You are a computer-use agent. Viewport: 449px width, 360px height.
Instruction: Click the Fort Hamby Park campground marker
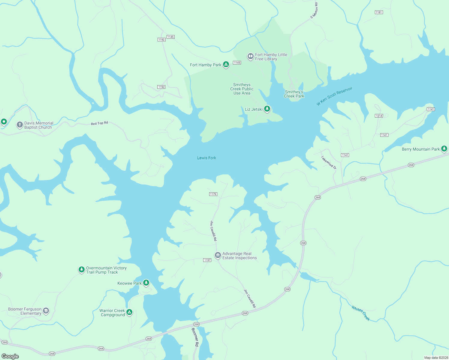[x=226, y=64]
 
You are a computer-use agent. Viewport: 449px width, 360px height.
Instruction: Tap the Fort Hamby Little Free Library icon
[x=250, y=56]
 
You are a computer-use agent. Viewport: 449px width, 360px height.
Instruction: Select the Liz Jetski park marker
[x=267, y=109]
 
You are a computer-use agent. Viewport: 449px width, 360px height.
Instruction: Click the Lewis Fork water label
[x=206, y=158]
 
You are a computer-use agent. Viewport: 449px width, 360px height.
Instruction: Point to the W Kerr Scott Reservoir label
[x=334, y=96]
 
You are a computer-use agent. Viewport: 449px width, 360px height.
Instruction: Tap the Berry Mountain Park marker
[x=444, y=148]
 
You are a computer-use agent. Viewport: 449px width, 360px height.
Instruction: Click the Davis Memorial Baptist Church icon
[x=20, y=125]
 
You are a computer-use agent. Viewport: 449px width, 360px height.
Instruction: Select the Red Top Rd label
[x=99, y=123]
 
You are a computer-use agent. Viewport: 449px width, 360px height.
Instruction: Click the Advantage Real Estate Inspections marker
[x=218, y=255]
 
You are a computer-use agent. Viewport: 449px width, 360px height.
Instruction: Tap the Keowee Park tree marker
[x=146, y=283]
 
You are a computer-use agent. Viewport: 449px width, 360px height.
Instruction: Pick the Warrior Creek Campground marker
[x=129, y=312]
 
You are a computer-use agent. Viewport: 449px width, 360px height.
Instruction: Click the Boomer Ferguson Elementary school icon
[x=46, y=310]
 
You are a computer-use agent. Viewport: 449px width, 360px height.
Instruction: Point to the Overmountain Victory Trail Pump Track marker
[x=81, y=269]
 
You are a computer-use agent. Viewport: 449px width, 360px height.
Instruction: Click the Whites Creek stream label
[x=360, y=313]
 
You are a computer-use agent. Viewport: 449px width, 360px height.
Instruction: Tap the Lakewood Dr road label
[x=329, y=162]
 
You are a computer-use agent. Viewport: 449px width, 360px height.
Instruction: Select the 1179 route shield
[x=213, y=194]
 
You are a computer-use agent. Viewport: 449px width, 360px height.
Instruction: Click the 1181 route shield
[x=379, y=12]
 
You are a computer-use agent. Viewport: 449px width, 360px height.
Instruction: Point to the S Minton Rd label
[x=314, y=11]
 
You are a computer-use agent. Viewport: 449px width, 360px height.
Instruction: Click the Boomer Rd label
[x=195, y=337]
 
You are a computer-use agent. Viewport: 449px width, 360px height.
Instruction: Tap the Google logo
[x=10, y=356]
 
